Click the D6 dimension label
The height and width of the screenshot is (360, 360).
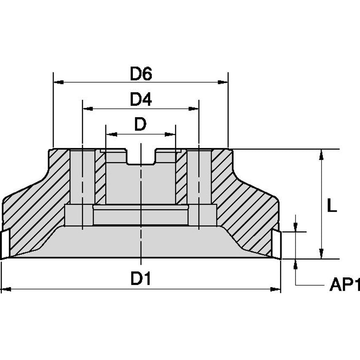point(141,74)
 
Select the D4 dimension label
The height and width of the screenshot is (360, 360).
point(141,100)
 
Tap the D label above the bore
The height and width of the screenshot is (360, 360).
point(140,125)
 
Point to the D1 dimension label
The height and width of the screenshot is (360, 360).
point(141,279)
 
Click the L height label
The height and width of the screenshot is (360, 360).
point(332,206)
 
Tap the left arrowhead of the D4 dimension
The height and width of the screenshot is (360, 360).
point(88,108)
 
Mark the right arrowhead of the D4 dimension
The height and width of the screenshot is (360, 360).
point(193,108)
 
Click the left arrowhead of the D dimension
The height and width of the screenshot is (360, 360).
point(111,134)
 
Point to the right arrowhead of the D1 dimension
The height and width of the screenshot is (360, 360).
point(275,289)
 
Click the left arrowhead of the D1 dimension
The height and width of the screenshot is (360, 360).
point(6,289)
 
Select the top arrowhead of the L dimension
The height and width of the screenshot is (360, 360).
point(322,154)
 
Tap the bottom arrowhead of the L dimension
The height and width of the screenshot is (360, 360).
point(322,253)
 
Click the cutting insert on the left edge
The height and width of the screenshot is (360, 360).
point(5,244)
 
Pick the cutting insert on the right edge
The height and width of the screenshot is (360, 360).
point(276,243)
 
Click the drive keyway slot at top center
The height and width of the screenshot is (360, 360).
point(141,157)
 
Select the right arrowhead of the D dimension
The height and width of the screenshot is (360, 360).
point(170,134)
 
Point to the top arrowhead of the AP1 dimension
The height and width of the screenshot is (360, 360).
point(296,226)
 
